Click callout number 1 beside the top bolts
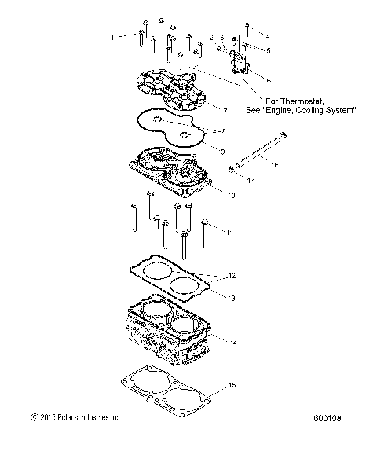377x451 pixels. (112, 37)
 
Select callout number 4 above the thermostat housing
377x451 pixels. (267, 36)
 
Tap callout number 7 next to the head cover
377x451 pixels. (225, 109)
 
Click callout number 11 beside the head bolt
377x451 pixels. (230, 233)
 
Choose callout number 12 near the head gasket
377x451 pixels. (232, 276)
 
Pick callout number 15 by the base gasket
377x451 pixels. (231, 384)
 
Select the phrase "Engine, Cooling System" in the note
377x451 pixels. (313, 110)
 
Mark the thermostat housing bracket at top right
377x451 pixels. (238, 61)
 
